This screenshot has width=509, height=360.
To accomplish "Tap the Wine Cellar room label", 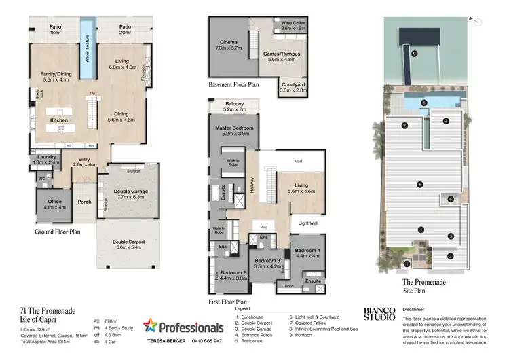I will point(293,23).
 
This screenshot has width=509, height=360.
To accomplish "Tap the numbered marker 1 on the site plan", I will point(407,263).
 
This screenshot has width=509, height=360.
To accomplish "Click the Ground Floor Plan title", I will point(58,232).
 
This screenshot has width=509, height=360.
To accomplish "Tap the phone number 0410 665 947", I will point(204,341).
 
